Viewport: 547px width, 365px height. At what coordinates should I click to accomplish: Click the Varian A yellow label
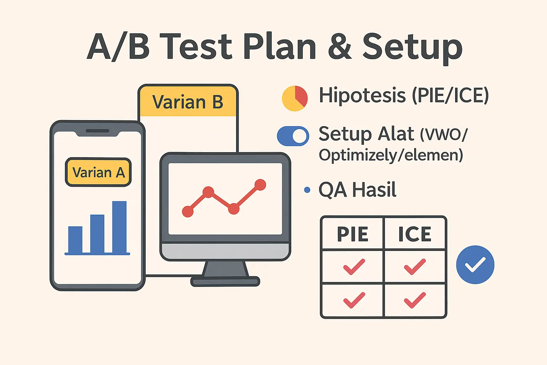click(x=98, y=172)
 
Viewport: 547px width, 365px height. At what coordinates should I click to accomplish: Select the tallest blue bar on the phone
click(x=119, y=227)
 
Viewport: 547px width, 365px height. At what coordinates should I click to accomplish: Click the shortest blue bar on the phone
click(x=75, y=240)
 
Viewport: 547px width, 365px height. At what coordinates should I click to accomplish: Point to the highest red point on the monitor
click(x=260, y=185)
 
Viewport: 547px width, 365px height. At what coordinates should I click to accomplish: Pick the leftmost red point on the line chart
click(x=188, y=211)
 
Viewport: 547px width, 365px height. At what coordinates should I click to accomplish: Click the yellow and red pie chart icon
click(x=295, y=98)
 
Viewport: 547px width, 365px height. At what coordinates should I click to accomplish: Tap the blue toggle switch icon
click(x=293, y=136)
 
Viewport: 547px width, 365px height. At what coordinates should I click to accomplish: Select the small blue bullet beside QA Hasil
click(x=307, y=190)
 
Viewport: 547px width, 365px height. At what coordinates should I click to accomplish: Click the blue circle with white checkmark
click(x=475, y=264)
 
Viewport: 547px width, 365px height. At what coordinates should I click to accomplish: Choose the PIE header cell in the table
click(x=352, y=234)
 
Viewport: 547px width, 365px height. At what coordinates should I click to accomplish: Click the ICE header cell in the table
click(x=415, y=234)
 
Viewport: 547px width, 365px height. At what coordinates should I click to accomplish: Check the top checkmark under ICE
click(x=415, y=267)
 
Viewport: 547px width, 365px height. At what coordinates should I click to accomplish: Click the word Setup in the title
click(x=412, y=47)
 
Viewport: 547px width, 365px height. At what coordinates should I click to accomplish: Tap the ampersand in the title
click(x=340, y=47)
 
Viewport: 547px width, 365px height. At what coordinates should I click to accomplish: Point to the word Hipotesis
click(x=362, y=95)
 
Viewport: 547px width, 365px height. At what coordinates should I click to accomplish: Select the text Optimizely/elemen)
click(x=391, y=155)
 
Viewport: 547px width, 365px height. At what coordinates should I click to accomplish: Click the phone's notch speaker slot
click(x=97, y=131)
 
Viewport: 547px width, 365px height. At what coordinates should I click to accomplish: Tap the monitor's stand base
click(x=225, y=281)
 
